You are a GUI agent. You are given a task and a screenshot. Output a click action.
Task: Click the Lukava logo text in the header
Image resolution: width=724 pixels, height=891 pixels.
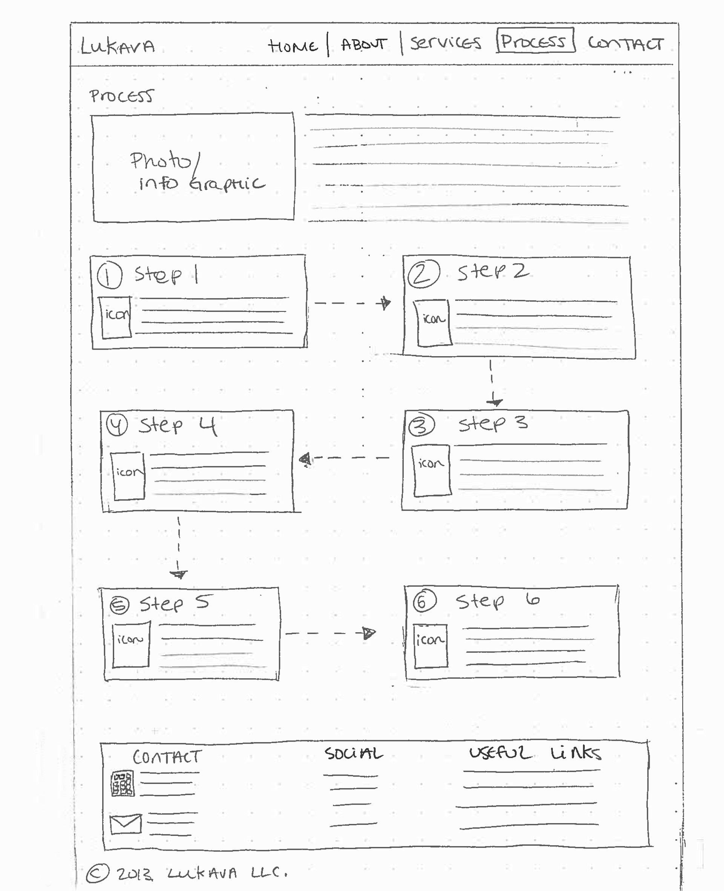click(118, 46)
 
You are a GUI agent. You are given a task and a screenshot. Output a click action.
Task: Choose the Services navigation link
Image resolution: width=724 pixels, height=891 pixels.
click(445, 43)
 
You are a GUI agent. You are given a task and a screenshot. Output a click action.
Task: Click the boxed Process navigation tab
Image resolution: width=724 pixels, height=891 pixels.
click(535, 40)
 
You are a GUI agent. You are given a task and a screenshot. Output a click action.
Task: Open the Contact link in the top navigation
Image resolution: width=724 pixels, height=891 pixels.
click(626, 43)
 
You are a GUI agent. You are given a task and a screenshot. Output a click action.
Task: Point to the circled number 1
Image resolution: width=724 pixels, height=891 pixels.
click(109, 276)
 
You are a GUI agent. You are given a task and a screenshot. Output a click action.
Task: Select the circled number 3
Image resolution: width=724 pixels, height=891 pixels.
click(421, 426)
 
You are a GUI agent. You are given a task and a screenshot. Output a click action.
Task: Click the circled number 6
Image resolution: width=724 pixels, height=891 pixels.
click(424, 601)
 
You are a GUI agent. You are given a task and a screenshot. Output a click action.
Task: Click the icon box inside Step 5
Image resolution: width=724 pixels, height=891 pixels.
click(131, 644)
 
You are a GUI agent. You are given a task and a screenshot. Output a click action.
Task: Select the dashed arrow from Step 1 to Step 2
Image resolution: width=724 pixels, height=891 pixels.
click(353, 303)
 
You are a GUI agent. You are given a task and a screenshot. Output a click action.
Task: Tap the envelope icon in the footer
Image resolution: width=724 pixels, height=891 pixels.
click(126, 824)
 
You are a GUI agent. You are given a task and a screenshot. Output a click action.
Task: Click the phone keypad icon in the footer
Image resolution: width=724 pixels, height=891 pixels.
click(123, 784)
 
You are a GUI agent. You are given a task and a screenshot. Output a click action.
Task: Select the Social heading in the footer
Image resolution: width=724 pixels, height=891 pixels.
click(354, 754)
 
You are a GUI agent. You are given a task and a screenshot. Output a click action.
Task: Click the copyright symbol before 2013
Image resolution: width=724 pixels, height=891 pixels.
click(98, 872)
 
